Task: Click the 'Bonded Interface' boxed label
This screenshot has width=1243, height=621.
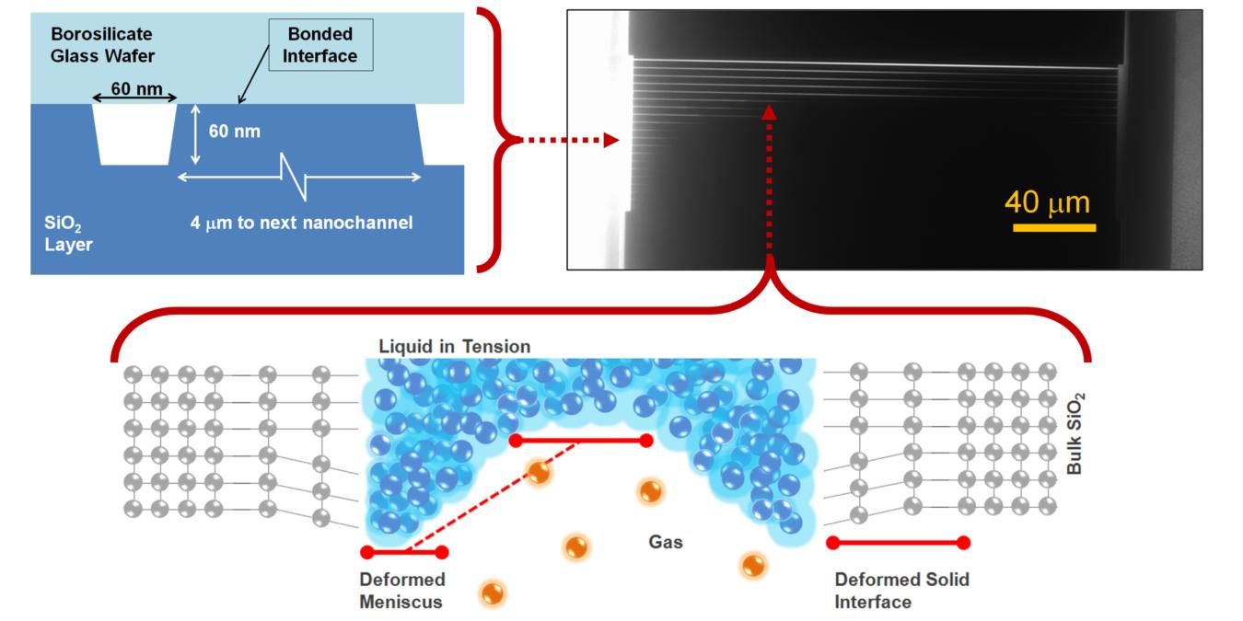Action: pyautogui.click(x=320, y=45)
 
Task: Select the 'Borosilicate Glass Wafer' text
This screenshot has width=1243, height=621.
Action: pyautogui.click(x=102, y=45)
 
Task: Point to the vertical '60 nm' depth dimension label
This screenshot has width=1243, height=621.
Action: pyautogui.click(x=234, y=132)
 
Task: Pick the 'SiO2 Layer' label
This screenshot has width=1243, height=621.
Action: pyautogui.click(x=69, y=234)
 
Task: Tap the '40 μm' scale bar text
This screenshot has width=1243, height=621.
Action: pyautogui.click(x=1046, y=201)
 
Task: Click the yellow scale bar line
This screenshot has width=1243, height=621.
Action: pyautogui.click(x=1053, y=226)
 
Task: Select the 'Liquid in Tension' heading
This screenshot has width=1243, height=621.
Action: pyautogui.click(x=454, y=347)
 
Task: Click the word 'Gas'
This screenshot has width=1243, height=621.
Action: pyautogui.click(x=666, y=543)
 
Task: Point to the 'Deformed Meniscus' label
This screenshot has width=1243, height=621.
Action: pyautogui.click(x=402, y=591)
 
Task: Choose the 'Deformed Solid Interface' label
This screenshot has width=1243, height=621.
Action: pyautogui.click(x=901, y=591)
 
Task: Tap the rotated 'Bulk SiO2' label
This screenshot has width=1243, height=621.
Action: pyautogui.click(x=1075, y=432)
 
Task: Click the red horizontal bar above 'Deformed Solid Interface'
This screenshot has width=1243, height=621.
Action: pyautogui.click(x=898, y=542)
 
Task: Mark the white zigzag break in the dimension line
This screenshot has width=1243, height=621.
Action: pyautogui.click(x=295, y=176)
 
